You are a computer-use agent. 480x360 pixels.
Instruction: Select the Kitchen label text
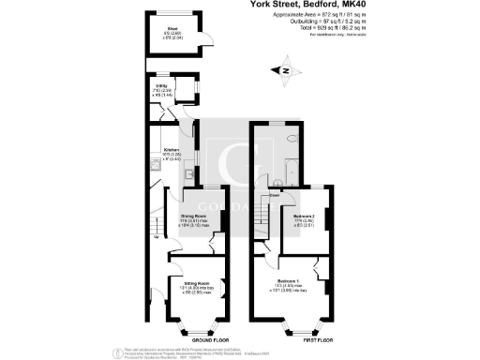[172, 149]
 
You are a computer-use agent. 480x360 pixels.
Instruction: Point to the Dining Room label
[193, 215]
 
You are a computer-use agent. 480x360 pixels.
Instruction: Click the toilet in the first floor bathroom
[292, 139]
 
